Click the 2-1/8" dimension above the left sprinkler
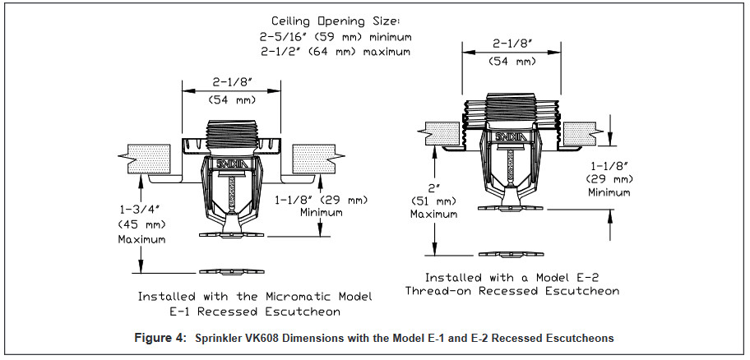[231, 84]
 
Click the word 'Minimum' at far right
[608, 192]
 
